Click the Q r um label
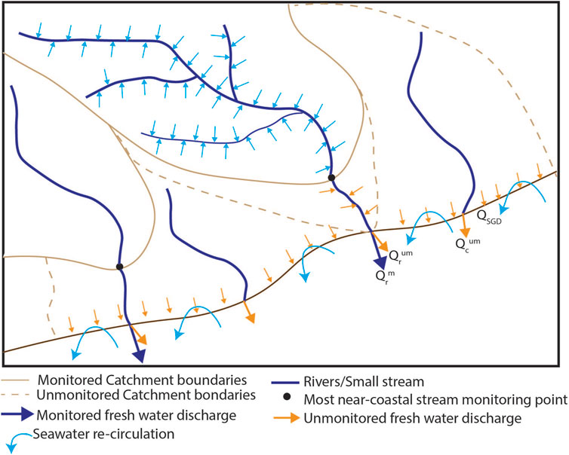click(400, 256)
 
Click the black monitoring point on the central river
click(331, 178)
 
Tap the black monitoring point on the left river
click(119, 266)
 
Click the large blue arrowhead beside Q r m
click(378, 258)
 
